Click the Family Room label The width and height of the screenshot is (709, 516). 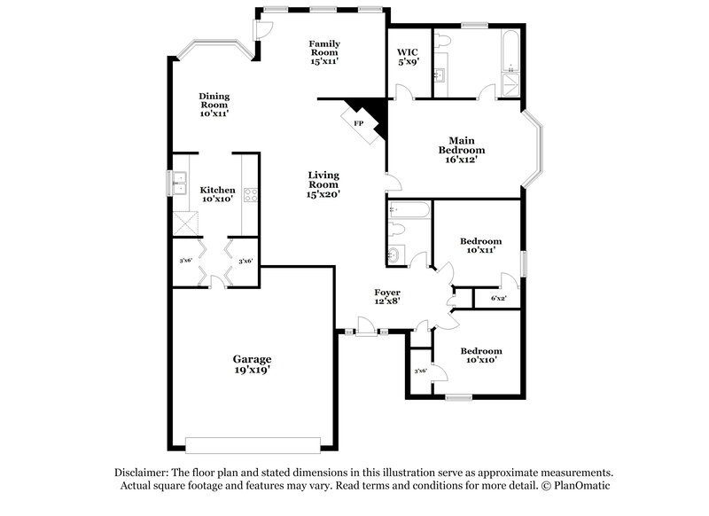(323, 52)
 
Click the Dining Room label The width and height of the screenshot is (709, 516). (214, 105)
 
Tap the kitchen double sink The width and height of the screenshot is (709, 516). (180, 184)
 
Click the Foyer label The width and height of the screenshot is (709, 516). (386, 296)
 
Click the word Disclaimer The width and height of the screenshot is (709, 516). (144, 473)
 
